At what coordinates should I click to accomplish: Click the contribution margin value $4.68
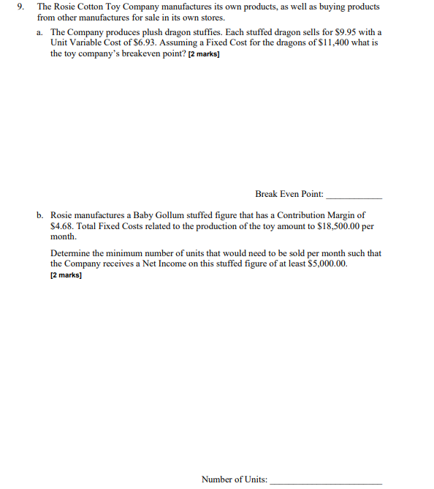63,226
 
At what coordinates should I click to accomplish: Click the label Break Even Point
289,194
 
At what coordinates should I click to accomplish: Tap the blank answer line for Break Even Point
354,196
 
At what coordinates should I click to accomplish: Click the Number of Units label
234,479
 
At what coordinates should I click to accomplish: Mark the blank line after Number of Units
326,482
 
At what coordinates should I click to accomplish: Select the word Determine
70,253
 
